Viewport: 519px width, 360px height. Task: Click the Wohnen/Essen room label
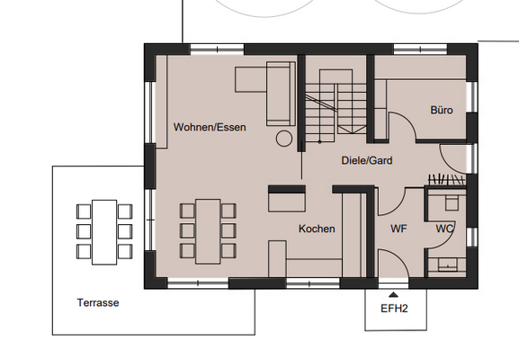click(x=210, y=127)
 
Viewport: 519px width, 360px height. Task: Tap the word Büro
click(x=442, y=110)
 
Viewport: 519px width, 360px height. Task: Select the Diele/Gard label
click(x=367, y=160)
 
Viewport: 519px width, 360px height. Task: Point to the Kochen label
click(x=317, y=229)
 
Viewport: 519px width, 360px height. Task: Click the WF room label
click(x=398, y=229)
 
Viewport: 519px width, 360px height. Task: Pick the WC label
click(x=444, y=229)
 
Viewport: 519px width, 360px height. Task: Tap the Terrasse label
click(x=98, y=302)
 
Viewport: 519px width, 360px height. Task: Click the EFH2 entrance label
click(x=394, y=309)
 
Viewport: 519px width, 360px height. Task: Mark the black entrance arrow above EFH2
click(x=393, y=294)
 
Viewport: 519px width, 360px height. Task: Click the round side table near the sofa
click(x=284, y=139)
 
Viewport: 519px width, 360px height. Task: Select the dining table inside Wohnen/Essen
click(x=208, y=231)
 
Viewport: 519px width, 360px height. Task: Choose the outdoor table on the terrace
click(x=104, y=232)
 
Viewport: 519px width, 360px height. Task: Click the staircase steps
click(x=336, y=106)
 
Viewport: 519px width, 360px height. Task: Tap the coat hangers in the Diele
click(x=447, y=180)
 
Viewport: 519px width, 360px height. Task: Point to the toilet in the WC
click(x=452, y=202)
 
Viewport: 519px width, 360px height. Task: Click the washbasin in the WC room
click(x=448, y=265)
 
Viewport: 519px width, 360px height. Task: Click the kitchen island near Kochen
click(x=287, y=198)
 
